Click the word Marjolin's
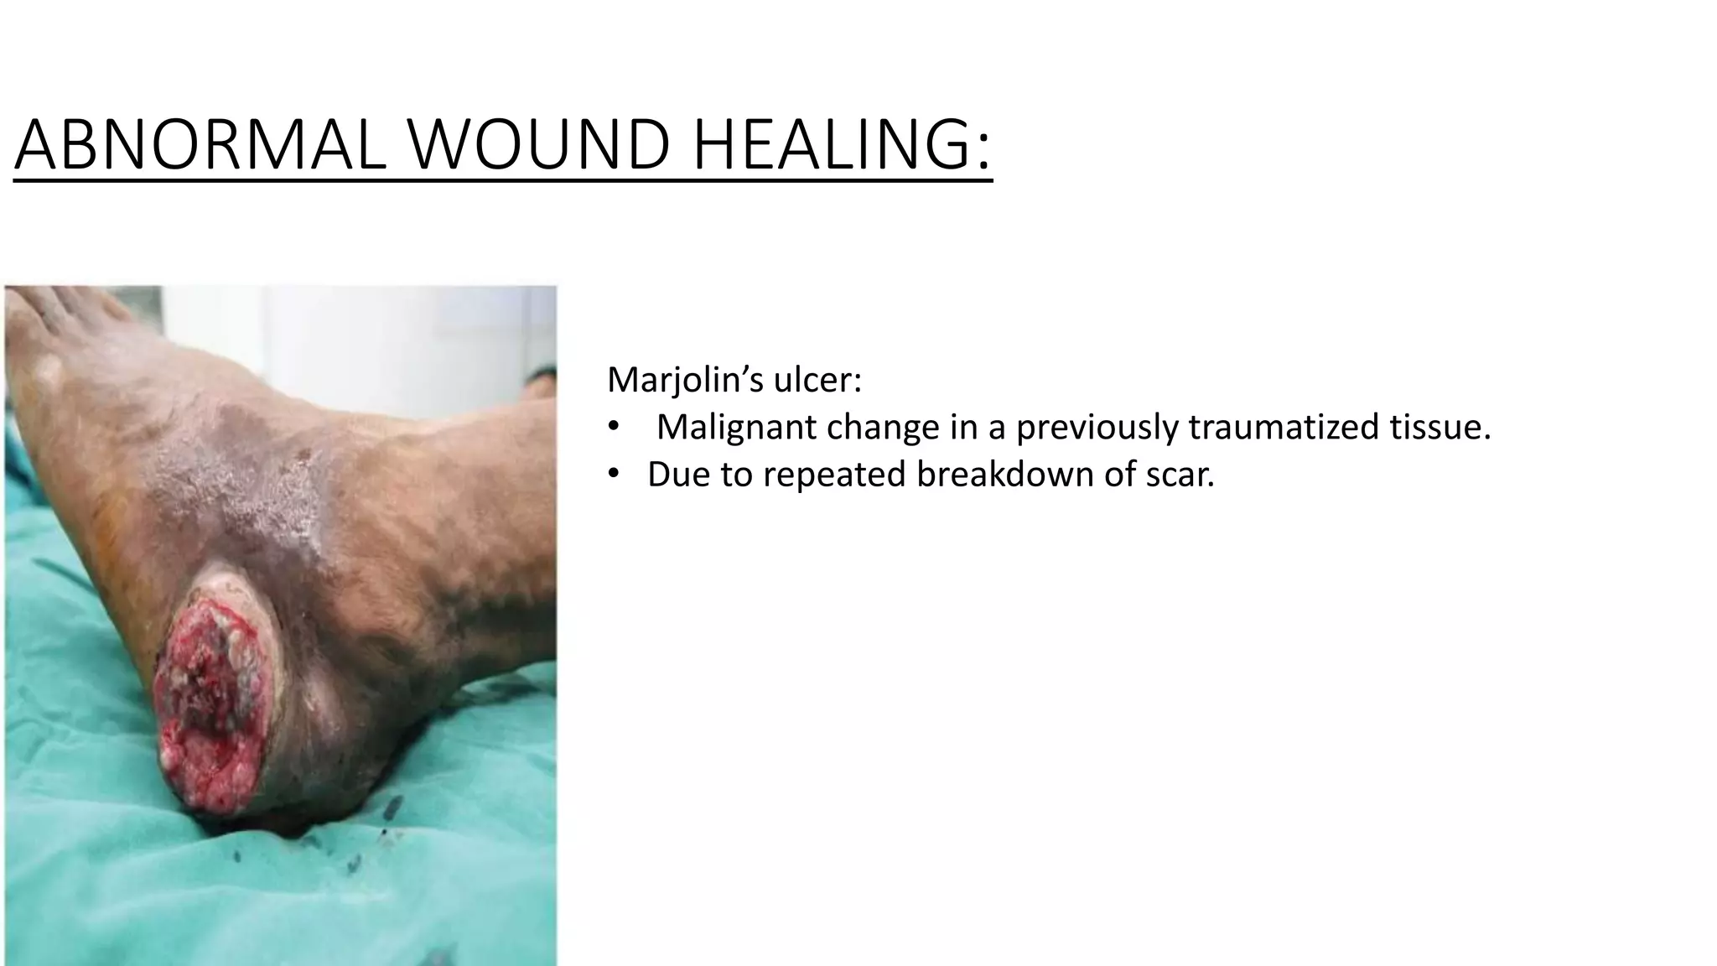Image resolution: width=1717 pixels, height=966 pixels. click(x=684, y=381)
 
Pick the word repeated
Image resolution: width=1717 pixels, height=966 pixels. click(x=834, y=475)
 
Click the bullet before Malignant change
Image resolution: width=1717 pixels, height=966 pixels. click(x=614, y=428)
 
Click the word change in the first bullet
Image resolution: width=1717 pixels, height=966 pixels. click(x=883, y=428)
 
